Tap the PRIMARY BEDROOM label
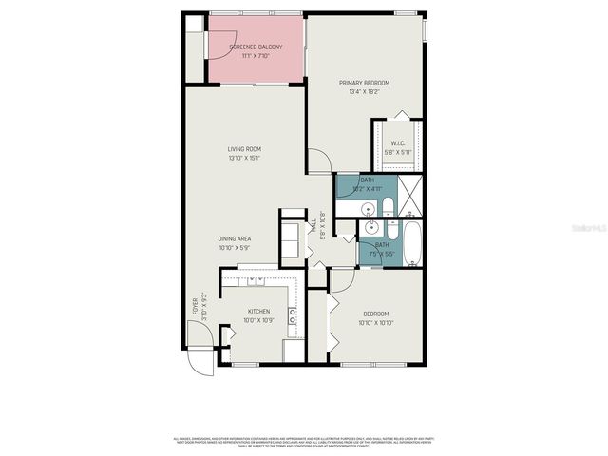(365, 83)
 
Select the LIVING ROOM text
(244, 149)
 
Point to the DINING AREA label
(235, 239)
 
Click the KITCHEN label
(258, 311)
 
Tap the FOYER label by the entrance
(197, 306)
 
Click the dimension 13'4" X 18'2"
(365, 92)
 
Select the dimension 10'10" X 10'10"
(376, 322)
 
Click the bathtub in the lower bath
(411, 243)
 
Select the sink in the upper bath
(369, 209)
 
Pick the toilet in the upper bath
(389, 207)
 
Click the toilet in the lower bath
(389, 231)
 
